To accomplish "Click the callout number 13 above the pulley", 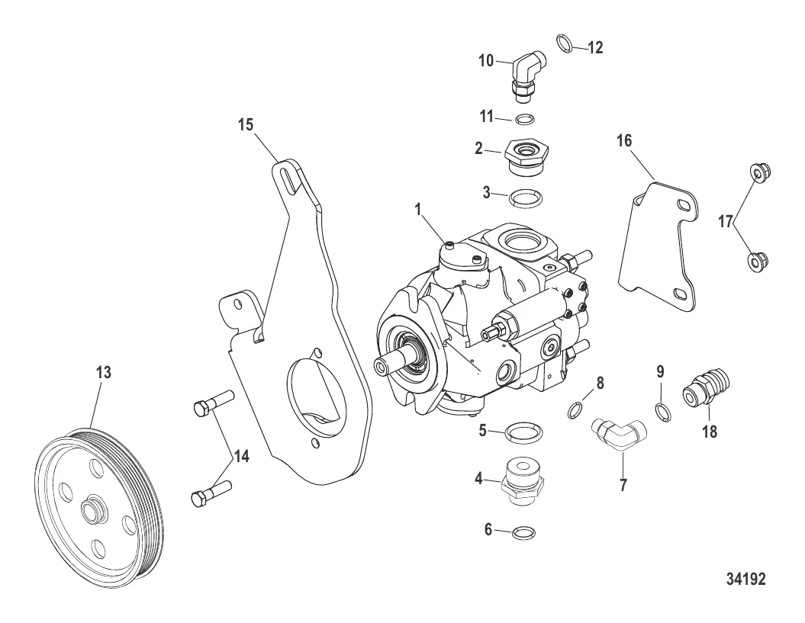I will [103, 373].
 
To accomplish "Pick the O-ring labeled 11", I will [525, 119].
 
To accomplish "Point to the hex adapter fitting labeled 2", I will [525, 155].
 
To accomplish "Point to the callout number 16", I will [626, 142].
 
